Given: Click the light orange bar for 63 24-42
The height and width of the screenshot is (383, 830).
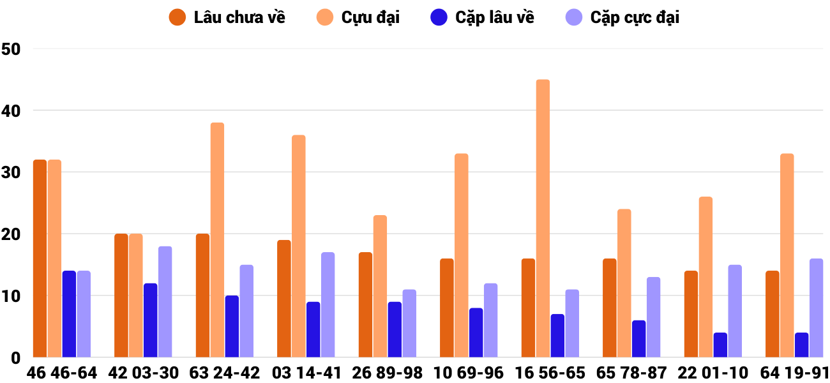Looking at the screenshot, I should (x=217, y=240).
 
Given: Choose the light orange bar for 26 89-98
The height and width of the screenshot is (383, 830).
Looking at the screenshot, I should (x=380, y=287).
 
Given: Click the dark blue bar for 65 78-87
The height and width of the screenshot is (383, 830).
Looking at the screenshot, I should (x=638, y=339).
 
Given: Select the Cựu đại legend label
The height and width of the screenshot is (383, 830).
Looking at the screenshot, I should (x=370, y=17).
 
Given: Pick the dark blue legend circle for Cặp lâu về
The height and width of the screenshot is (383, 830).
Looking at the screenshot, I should (x=439, y=17).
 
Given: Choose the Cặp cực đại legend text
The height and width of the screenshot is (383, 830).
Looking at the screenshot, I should (x=635, y=17).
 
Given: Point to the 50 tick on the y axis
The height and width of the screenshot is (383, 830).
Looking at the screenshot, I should (x=11, y=49).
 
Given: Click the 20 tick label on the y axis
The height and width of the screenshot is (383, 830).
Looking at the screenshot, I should (x=11, y=234).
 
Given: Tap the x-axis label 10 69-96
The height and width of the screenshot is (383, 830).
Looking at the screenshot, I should (x=468, y=373).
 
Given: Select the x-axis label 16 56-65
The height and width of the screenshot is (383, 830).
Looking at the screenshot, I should (x=550, y=373).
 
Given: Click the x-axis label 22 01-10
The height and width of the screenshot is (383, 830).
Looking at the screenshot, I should (x=713, y=373).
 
